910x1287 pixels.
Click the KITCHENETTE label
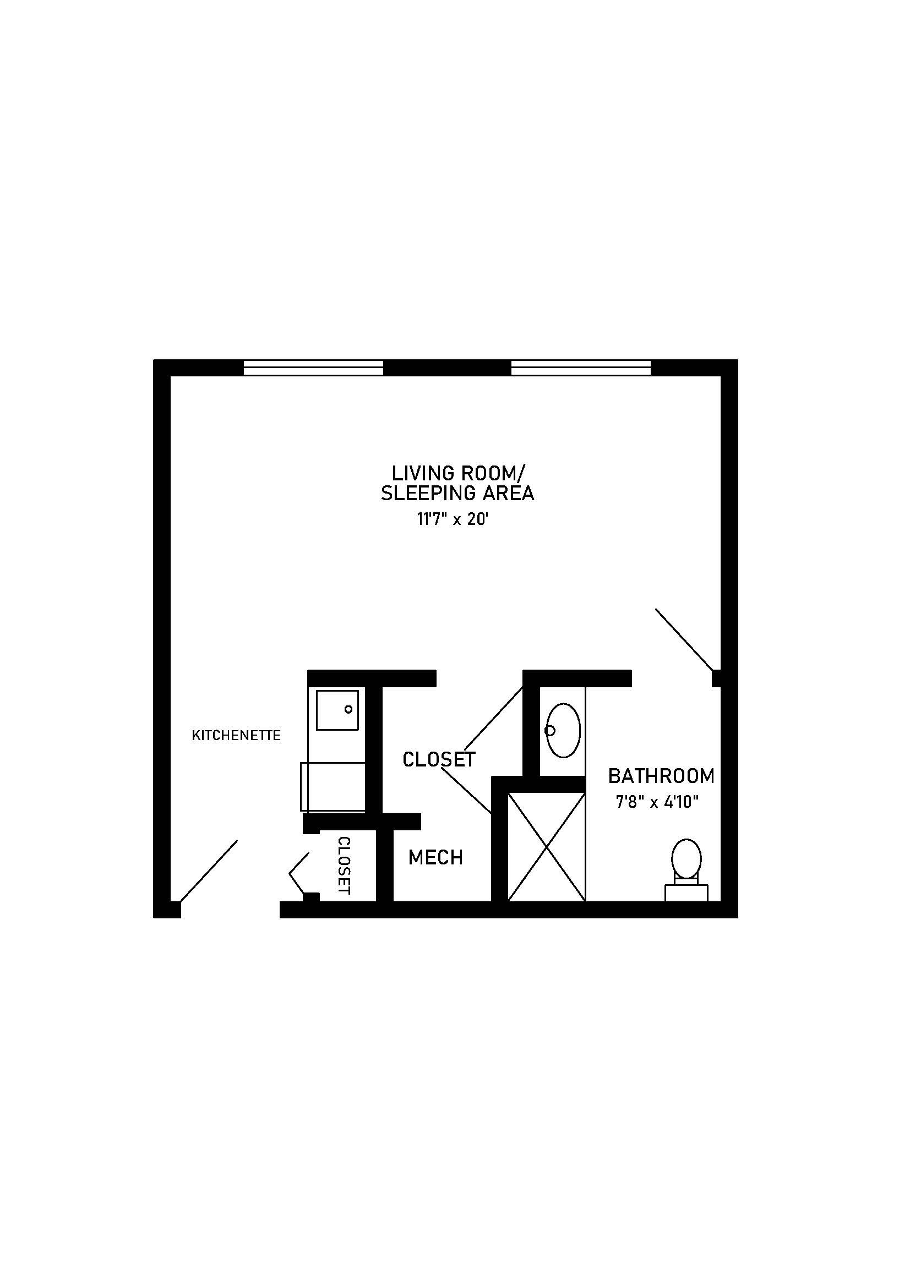(236, 736)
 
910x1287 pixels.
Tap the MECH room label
(435, 857)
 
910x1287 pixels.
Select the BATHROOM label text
(662, 776)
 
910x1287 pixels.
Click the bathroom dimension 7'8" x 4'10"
(657, 803)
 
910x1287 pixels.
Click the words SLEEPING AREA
(457, 493)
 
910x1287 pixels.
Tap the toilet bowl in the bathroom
(686, 859)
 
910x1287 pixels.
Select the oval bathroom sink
(563, 730)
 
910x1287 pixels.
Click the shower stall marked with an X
(546, 846)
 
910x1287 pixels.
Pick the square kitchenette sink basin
(337, 710)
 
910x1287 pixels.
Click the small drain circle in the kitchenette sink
(348, 709)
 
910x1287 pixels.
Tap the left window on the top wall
(313, 368)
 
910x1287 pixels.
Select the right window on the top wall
(581, 368)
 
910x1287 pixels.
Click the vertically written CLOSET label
(344, 866)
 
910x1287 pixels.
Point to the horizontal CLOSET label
(439, 759)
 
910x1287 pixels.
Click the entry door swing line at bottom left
(208, 871)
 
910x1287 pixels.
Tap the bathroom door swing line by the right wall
(685, 639)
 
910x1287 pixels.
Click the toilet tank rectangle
(686, 893)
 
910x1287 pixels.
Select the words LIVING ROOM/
(457, 473)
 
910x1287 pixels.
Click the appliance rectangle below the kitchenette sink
(333, 786)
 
